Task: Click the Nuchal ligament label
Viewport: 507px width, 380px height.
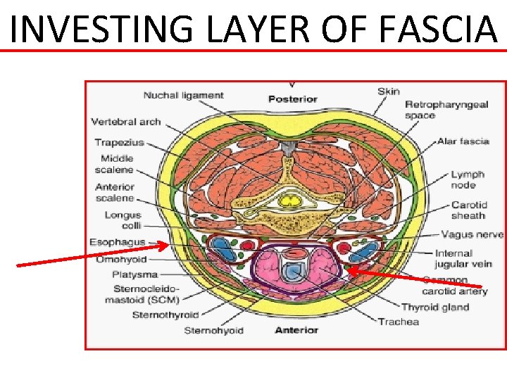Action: (x=183, y=96)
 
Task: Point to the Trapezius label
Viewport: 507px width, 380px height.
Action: (x=119, y=143)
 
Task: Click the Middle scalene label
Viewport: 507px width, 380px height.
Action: (x=116, y=164)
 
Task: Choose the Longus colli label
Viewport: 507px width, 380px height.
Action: (x=123, y=220)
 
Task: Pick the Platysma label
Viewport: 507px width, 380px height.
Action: (x=134, y=274)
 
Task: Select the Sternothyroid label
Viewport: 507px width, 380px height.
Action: (x=165, y=315)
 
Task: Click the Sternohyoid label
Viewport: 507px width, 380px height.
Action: (x=213, y=330)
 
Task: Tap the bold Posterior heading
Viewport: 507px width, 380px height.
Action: (x=292, y=99)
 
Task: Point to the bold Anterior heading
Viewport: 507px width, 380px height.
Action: (x=296, y=330)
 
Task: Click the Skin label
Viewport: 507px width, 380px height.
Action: (x=388, y=91)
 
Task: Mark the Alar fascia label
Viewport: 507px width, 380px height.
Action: (x=463, y=141)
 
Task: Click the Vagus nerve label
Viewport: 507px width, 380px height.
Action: (x=472, y=234)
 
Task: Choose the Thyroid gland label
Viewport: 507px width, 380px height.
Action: (x=434, y=308)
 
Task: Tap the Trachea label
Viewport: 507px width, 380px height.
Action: (x=399, y=322)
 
